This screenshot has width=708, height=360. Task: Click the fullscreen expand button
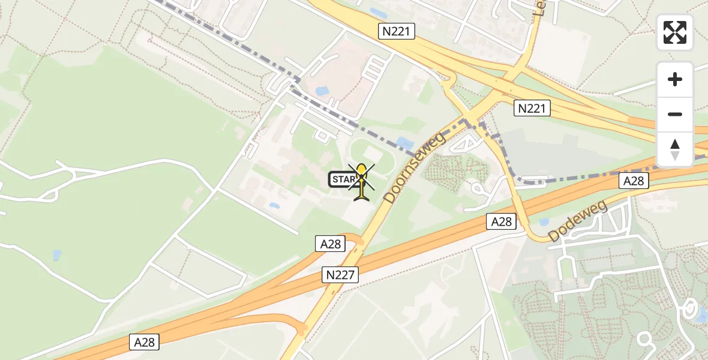(675, 32)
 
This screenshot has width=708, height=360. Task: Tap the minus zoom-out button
(675, 114)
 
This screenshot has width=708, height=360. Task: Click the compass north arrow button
(675, 149)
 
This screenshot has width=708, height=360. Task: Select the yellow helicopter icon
(361, 182)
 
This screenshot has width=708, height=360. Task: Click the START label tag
(343, 179)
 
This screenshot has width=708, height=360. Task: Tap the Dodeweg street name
(577, 222)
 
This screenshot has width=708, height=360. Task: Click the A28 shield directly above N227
(330, 244)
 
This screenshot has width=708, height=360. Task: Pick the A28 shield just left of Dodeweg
(501, 222)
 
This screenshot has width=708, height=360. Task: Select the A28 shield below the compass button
(635, 181)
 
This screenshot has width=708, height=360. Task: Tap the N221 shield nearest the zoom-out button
(532, 108)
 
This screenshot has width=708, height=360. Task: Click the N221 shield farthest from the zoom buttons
(397, 32)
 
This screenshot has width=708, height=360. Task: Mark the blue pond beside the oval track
(404, 143)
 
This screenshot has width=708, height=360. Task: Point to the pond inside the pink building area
(321, 91)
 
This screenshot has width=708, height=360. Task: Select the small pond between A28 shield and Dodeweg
(544, 222)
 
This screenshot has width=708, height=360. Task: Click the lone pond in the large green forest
(57, 254)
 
